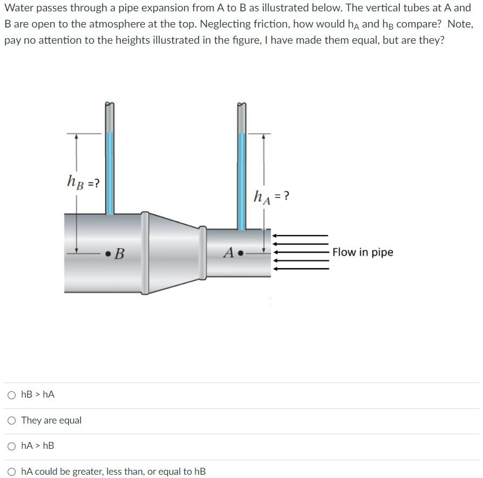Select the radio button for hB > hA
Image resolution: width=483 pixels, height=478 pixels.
(x=12, y=395)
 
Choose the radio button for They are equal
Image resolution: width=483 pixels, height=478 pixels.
(x=12, y=420)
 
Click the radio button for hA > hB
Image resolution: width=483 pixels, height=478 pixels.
(x=12, y=446)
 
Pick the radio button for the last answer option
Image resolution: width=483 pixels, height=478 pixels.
(x=12, y=472)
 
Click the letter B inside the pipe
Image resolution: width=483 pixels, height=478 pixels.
(x=119, y=253)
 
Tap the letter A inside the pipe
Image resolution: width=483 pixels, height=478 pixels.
(x=229, y=252)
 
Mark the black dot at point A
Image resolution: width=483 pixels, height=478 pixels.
(x=241, y=252)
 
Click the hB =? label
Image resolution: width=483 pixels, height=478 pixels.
(x=83, y=182)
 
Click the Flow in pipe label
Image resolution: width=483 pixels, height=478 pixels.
(x=363, y=252)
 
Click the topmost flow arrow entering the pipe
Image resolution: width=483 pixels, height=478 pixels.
(x=301, y=236)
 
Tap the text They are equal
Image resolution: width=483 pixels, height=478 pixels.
(x=51, y=420)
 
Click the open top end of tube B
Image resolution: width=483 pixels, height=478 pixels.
(x=110, y=105)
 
